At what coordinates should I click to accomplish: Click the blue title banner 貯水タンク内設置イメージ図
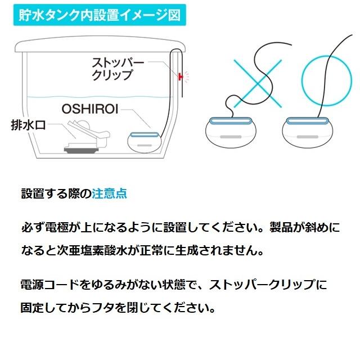pyautogui.click(x=97, y=15)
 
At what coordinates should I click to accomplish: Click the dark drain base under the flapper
pyautogui.click(x=80, y=150)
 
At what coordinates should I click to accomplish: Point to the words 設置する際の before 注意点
pyautogui.click(x=56, y=194)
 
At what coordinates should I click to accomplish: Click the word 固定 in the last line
pyautogui.click(x=33, y=308)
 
